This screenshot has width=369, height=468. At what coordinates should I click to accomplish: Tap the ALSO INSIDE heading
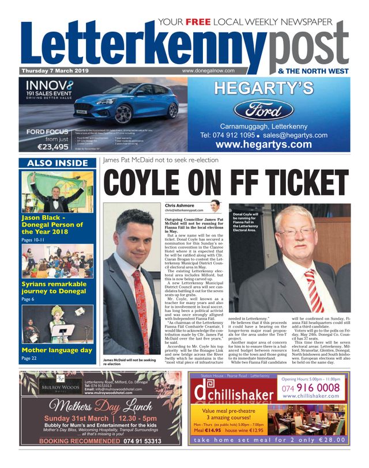click(x=55, y=163)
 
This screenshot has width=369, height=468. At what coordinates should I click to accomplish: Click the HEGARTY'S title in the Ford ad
click(x=264, y=88)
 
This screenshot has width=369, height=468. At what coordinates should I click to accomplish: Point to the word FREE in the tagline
click(x=195, y=22)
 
